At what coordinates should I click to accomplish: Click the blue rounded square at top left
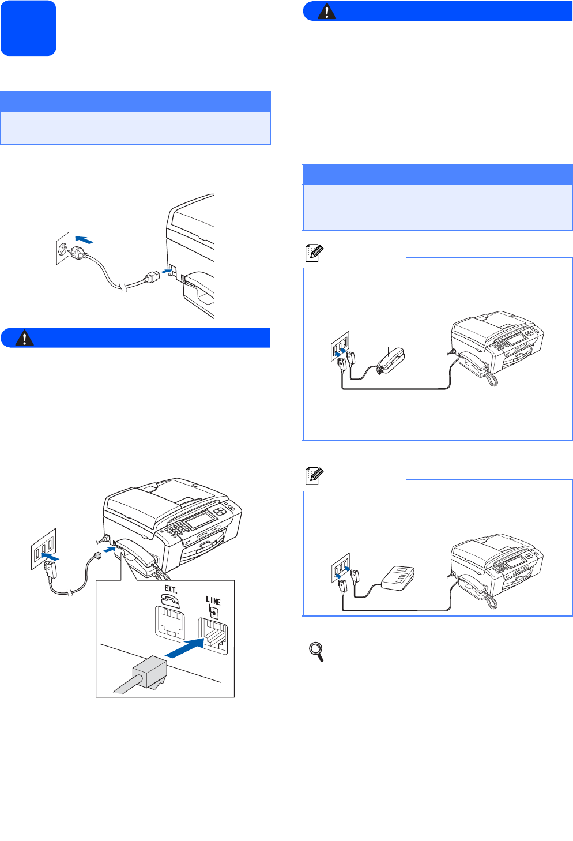tap(28, 28)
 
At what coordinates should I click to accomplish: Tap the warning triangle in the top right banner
tap(326, 12)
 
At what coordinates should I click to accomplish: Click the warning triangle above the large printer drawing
tap(24, 337)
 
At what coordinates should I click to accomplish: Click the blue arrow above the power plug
tap(84, 239)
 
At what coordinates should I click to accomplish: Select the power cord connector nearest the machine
tap(152, 278)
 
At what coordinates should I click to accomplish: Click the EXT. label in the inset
tap(171, 589)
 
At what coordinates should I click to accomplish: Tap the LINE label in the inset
tap(213, 600)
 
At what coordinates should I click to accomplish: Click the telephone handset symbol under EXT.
tap(171, 599)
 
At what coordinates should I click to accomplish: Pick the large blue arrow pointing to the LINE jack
tap(184, 648)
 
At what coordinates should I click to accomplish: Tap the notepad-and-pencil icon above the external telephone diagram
tap(314, 253)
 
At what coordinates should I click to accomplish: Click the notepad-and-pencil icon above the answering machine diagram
tap(314, 476)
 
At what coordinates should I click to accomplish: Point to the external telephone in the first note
tap(391, 361)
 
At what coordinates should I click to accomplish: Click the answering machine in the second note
tap(398, 578)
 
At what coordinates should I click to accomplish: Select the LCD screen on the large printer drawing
tap(201, 520)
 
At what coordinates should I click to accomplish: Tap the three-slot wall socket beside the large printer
tap(44, 549)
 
